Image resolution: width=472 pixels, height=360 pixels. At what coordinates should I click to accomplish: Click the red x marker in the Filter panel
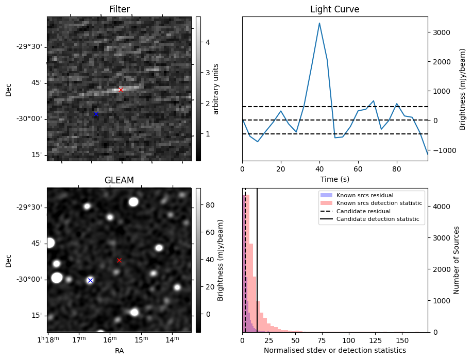pos(121,90)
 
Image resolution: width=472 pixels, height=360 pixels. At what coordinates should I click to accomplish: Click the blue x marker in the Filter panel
pos(96,113)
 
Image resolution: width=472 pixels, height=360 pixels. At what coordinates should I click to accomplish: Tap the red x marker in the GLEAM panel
pos(119,260)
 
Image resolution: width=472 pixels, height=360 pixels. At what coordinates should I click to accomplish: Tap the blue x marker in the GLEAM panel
pos(90,280)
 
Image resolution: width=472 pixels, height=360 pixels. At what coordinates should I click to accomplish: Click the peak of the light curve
pos(319,23)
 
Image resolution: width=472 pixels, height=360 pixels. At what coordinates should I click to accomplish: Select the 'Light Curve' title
pos(334,9)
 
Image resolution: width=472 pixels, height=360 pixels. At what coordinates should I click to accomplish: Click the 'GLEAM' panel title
pos(119,180)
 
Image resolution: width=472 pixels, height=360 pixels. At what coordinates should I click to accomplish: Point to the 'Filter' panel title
pos(119,9)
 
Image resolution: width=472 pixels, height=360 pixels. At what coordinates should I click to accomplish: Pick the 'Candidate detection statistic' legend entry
pos(379,219)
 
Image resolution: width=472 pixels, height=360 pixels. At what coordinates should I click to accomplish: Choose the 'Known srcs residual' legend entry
pos(365,195)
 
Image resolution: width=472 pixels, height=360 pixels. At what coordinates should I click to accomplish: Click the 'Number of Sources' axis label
pos(457,260)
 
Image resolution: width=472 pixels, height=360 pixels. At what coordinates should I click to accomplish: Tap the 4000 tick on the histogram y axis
pos(441,207)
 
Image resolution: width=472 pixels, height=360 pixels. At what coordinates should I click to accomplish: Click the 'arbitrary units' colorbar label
pos(216,89)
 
